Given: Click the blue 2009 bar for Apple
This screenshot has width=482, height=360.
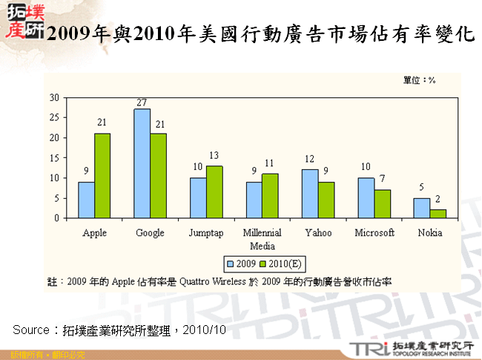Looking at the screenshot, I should click(86, 200).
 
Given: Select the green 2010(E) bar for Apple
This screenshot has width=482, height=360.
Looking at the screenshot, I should click(102, 176).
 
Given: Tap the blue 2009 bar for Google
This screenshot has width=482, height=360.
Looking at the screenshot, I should click(142, 163).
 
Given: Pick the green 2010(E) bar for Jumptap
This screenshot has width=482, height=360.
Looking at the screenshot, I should click(214, 192).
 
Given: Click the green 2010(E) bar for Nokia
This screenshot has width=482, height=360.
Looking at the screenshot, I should click(438, 214).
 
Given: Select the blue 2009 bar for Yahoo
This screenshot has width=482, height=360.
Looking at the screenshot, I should click(309, 194).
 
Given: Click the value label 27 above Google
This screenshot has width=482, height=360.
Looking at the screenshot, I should click(142, 102).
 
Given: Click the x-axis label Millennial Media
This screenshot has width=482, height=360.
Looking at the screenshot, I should click(261, 239).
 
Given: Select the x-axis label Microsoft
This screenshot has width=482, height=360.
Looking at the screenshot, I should click(374, 233).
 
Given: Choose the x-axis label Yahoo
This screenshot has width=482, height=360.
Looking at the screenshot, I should click(317, 233).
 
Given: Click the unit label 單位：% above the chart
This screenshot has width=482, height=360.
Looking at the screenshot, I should click(419, 79).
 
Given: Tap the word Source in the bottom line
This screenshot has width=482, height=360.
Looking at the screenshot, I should click(30, 328).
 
